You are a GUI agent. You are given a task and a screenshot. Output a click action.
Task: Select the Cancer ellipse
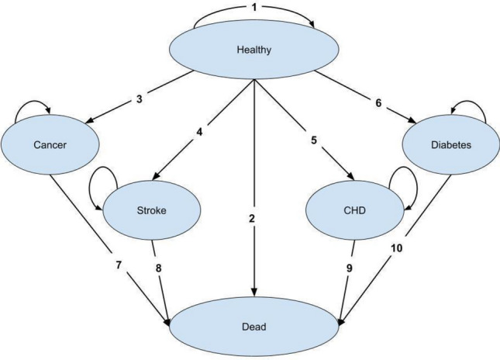click(50, 144)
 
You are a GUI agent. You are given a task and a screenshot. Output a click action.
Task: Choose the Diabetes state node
click(450, 144)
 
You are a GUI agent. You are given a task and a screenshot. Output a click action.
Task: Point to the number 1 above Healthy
click(253, 9)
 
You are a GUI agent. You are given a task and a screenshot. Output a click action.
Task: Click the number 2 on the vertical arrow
click(253, 219)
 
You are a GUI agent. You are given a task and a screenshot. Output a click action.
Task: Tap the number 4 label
click(198, 132)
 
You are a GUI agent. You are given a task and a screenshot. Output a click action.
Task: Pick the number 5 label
click(313, 140)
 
